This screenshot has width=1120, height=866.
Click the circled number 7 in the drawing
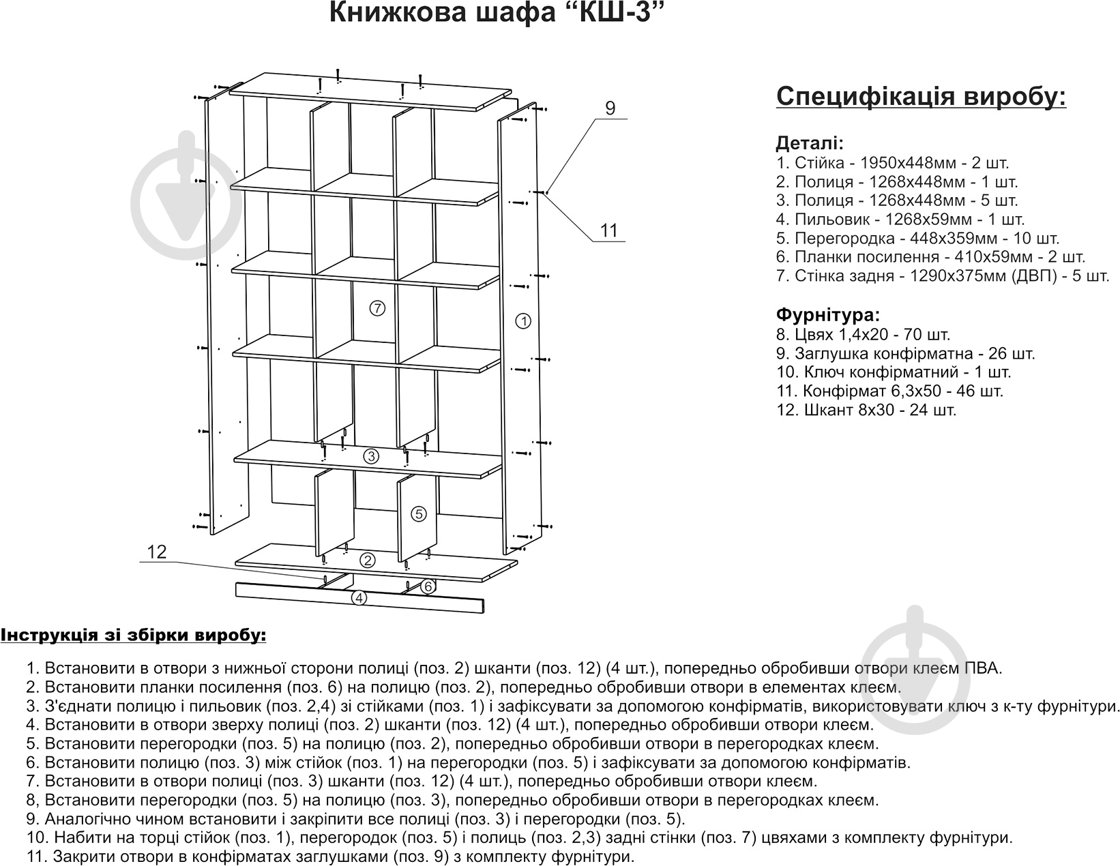coord(377,308)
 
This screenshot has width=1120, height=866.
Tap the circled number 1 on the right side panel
coord(523,320)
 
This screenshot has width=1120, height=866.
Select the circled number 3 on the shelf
coord(370,457)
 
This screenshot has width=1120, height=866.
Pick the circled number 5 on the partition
coord(419,513)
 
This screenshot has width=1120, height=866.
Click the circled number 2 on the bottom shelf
coord(368,561)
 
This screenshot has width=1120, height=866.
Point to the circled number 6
coord(428,586)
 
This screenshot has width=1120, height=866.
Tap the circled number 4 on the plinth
coord(359,599)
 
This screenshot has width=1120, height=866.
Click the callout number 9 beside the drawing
coord(610,108)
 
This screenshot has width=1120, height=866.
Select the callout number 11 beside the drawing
coord(608,230)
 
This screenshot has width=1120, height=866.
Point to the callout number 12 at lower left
coord(157,552)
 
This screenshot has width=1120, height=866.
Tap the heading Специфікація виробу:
coord(921,97)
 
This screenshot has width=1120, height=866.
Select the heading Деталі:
coord(810,144)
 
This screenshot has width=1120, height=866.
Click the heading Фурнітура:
coord(828,315)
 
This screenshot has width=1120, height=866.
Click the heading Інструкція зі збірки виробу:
coord(133,636)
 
